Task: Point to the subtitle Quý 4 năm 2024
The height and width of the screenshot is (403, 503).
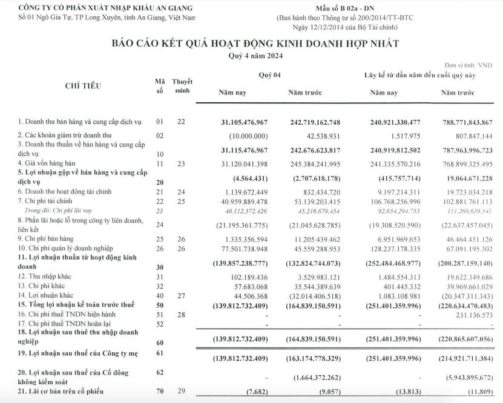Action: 251,56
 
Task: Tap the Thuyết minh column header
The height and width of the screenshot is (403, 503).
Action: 182,85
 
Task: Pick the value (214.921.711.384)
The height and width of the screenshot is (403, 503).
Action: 464,359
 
